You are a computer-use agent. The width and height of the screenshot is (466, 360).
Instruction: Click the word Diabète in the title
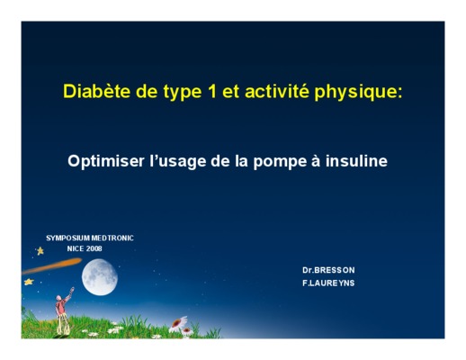96,91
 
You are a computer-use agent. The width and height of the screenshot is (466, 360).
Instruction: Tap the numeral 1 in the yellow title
212,91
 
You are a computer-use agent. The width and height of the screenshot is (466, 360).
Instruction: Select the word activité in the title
277,91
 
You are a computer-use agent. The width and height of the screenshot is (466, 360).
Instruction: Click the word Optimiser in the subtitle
106,161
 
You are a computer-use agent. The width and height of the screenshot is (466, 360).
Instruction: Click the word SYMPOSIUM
67,238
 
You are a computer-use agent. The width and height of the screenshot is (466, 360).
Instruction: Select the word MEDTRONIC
112,238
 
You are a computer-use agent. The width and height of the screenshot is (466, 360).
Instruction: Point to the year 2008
94,248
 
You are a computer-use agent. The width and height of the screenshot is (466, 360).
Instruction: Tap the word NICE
75,248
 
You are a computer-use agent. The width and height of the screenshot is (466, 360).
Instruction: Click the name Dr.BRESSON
328,270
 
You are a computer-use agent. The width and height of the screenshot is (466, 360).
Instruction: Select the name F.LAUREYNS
328,283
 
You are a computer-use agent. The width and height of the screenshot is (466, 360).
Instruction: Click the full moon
100,277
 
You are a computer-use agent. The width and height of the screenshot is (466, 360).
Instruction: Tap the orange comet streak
51,266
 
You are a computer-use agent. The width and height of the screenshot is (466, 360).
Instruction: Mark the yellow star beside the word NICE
40,251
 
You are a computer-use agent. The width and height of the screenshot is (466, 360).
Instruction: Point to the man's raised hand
72,290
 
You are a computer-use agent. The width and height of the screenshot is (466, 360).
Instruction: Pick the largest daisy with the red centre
178,324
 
